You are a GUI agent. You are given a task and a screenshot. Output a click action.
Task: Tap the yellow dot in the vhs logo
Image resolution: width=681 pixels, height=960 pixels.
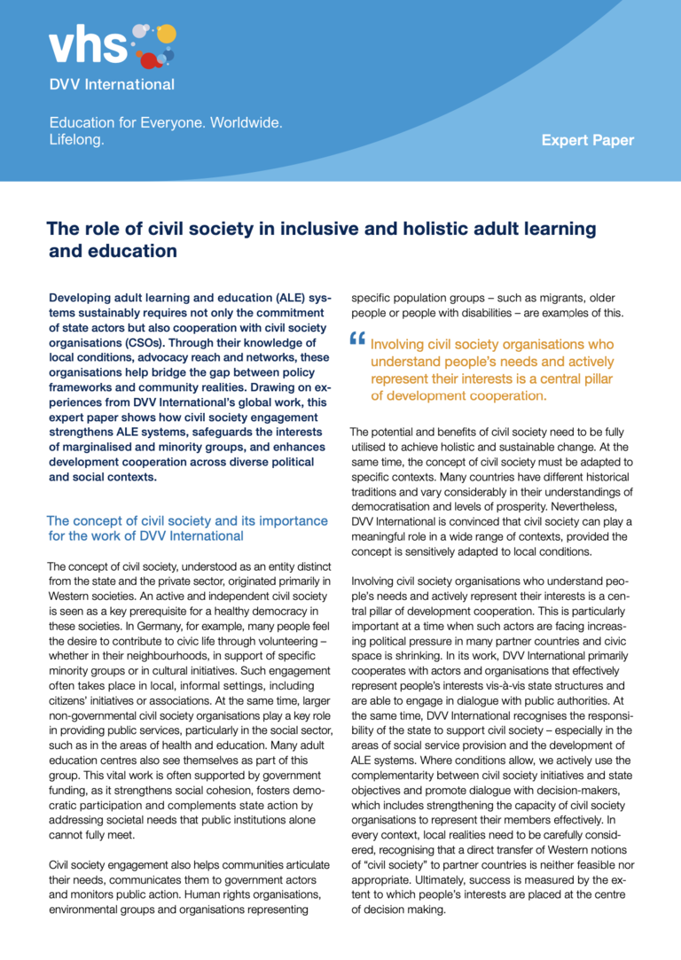pos(166,34)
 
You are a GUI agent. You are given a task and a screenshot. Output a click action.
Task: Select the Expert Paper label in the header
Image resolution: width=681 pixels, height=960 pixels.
pos(587,140)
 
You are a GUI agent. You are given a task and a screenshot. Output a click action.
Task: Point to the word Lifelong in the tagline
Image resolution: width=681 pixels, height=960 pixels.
pos(76,139)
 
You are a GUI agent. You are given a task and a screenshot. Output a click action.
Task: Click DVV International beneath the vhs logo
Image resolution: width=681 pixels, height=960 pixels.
pos(112,85)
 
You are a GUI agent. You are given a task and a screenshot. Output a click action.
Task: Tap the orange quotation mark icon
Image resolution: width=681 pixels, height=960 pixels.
pos(357,340)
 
